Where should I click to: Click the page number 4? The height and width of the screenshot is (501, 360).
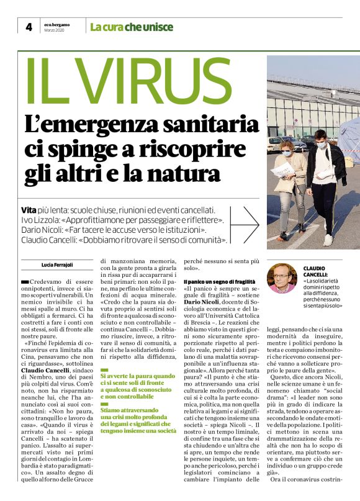click(x=29, y=27)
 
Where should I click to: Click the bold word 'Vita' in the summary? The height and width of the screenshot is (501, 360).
click(x=30, y=211)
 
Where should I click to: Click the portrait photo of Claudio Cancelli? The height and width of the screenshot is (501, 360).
click(x=281, y=279)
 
